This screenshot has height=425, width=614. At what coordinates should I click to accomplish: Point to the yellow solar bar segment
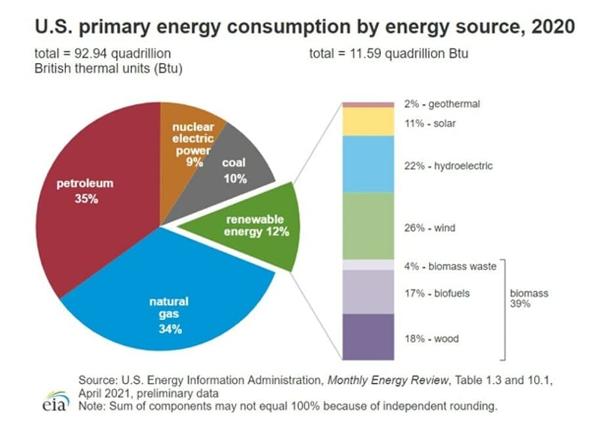point(367,122)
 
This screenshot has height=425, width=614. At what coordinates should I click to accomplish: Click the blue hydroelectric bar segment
point(367,164)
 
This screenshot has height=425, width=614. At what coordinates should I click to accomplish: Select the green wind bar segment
point(367,226)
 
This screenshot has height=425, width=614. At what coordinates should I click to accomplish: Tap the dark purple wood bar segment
point(367,336)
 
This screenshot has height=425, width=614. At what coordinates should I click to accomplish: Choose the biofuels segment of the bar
point(367,292)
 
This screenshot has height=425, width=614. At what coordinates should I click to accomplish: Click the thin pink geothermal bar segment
point(367,104)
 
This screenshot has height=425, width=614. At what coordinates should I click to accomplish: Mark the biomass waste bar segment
point(367,264)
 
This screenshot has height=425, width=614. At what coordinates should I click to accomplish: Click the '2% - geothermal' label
point(442,104)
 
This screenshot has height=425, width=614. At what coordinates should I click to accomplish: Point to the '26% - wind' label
point(430,228)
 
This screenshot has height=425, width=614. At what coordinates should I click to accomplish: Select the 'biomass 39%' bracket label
point(529,299)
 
